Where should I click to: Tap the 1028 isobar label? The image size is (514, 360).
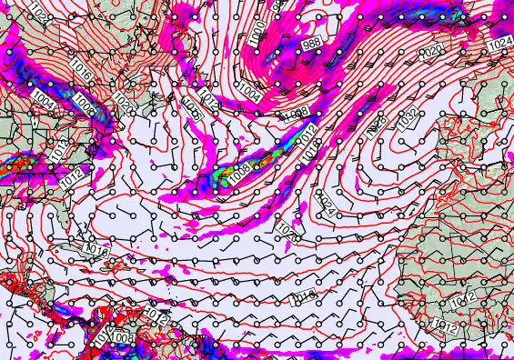pos(377,126)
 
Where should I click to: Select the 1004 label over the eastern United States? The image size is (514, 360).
pos(42,95)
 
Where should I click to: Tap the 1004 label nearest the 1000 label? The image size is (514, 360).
pos(251,91)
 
